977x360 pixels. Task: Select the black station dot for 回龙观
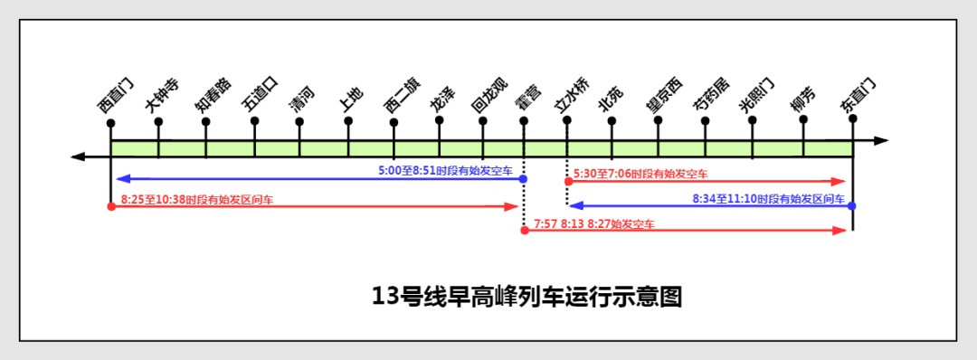[482, 120]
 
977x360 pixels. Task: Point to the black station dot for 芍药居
[706, 120]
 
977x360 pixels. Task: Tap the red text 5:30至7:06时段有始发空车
[640, 173]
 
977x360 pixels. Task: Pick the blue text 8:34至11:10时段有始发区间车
[769, 197]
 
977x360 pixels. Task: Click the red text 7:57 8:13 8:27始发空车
[594, 223]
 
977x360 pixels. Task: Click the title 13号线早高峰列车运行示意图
[526, 295]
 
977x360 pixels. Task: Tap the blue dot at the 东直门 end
[852, 206]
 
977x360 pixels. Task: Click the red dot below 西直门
[110, 206]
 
